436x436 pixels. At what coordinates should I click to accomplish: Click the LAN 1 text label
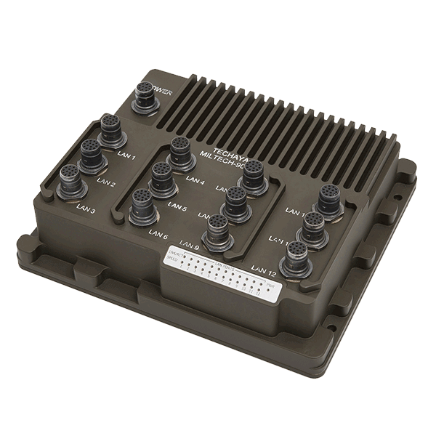pyautogui.click(x=127, y=156)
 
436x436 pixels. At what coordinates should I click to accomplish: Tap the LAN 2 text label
pyautogui.click(x=107, y=183)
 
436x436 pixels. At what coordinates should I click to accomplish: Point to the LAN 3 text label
pyautogui.click(x=86, y=211)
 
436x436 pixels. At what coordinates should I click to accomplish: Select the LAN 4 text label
pyautogui.click(x=195, y=182)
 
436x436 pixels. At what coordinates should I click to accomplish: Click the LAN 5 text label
pyautogui.click(x=177, y=209)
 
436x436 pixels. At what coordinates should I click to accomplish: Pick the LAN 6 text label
pyautogui.click(x=158, y=234)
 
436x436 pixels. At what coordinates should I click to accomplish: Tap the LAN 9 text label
pyautogui.click(x=188, y=244)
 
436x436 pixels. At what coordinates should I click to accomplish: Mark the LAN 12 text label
pyautogui.click(x=262, y=273)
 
